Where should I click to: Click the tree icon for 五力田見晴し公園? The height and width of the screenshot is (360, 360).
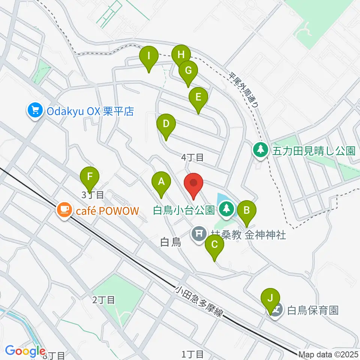260,150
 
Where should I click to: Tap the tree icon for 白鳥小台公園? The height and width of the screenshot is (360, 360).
226,209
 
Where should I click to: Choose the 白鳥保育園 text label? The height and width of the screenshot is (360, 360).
313,310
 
